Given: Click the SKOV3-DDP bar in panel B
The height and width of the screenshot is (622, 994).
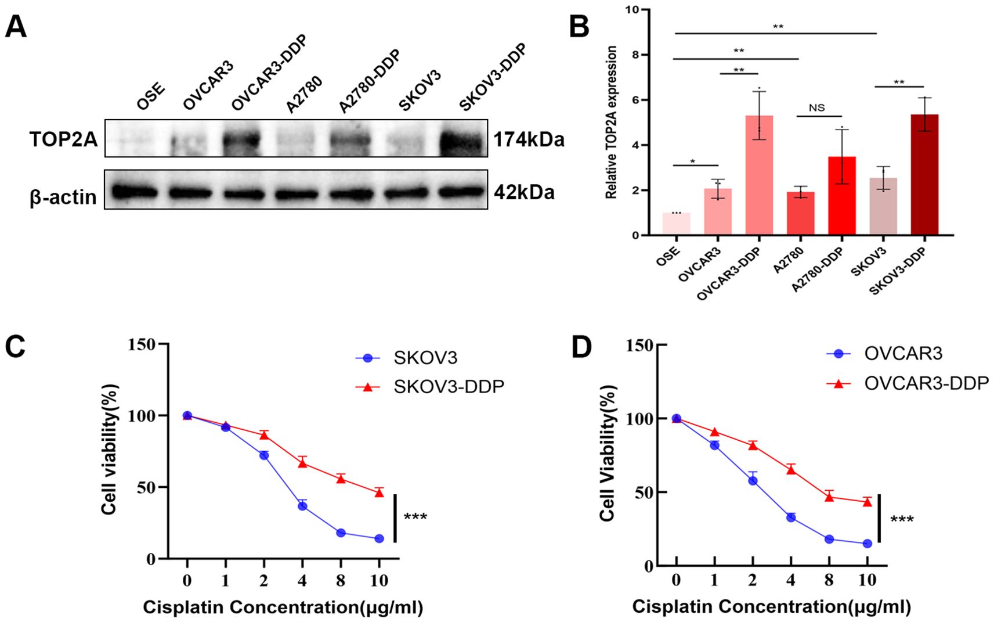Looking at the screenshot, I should point(924,175).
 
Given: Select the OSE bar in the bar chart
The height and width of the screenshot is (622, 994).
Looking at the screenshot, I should point(676,224).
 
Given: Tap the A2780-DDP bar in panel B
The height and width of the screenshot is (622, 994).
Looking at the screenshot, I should point(841,196).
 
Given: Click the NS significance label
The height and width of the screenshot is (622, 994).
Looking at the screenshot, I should point(816,108).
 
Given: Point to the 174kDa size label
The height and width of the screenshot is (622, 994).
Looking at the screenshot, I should point(529,140).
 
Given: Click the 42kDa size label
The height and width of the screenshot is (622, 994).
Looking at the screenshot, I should point(524,192).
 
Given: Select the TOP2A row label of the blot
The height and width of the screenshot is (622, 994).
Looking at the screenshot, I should point(64,139).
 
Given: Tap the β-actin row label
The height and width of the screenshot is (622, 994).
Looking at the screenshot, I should point(63,197).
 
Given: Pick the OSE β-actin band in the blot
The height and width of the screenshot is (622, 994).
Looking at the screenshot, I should point(134,191).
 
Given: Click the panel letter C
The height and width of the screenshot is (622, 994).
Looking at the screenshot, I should point(15,347).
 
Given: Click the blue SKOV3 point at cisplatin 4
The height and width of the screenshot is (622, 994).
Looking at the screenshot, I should point(302,506).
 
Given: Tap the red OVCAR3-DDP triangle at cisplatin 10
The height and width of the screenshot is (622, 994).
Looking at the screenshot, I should point(867,502).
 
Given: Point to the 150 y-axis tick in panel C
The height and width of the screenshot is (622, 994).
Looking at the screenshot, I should point(142,345).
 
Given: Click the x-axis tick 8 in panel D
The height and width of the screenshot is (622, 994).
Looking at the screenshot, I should point(829,580).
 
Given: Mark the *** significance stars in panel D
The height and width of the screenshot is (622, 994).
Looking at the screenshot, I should point(902,519).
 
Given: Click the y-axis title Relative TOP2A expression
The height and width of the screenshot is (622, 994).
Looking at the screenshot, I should point(611,123).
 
